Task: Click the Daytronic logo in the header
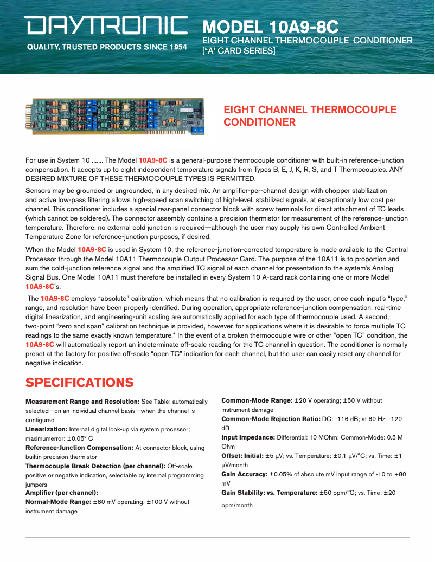click(x=105, y=25)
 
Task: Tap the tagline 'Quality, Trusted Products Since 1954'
click(x=107, y=47)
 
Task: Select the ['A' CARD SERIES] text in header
click(x=239, y=51)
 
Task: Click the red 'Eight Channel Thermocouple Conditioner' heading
click(x=310, y=115)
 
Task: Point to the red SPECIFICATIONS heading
click(x=80, y=383)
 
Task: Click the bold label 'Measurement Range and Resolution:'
click(x=82, y=402)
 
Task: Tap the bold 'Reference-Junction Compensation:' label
click(x=79, y=448)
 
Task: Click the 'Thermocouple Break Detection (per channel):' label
click(x=95, y=466)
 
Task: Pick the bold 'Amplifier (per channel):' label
click(x=61, y=493)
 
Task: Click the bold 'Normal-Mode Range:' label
click(x=59, y=502)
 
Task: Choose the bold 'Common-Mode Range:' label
click(x=257, y=400)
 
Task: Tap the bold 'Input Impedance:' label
click(x=248, y=437)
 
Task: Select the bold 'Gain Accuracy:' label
click(x=244, y=474)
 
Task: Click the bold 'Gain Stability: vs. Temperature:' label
click(x=270, y=493)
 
